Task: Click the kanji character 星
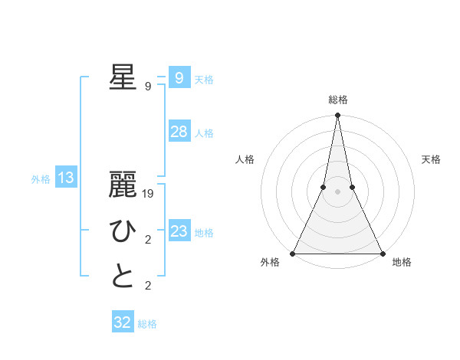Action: pyautogui.click(x=123, y=77)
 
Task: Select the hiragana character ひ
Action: pyautogui.click(x=123, y=231)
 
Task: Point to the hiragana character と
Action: pyautogui.click(x=123, y=277)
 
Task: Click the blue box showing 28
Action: pyautogui.click(x=179, y=132)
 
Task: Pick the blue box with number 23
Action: pyautogui.click(x=179, y=231)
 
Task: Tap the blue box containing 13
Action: pyautogui.click(x=65, y=178)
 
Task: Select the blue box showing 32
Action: pyautogui.click(x=122, y=322)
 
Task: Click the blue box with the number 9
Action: pyautogui.click(x=179, y=78)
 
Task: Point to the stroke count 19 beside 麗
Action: pyautogui.click(x=149, y=194)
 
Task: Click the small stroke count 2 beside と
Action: pyautogui.click(x=148, y=286)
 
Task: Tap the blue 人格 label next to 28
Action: pyautogui.click(x=204, y=133)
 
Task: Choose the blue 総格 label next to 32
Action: pyautogui.click(x=147, y=324)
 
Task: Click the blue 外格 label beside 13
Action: pyautogui.click(x=41, y=179)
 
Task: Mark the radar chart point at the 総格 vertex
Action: pyautogui.click(x=337, y=116)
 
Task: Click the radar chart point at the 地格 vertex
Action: pyautogui.click(x=382, y=253)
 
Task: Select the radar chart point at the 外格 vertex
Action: pyautogui.click(x=293, y=253)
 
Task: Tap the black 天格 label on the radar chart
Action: pyautogui.click(x=432, y=159)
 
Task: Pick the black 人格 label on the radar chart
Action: pyautogui.click(x=245, y=159)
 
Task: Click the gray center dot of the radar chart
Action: pyautogui.click(x=337, y=191)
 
